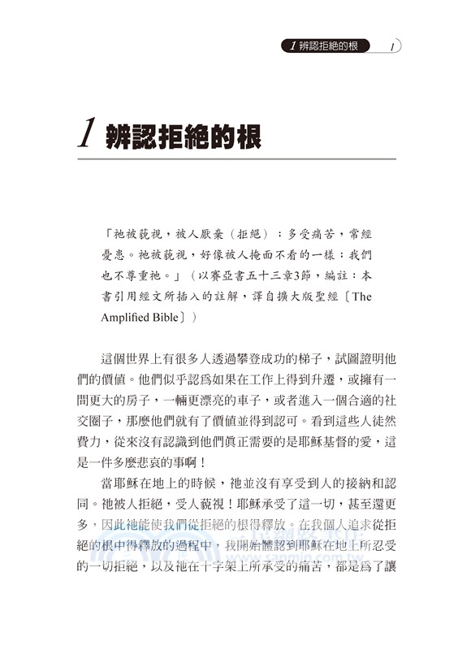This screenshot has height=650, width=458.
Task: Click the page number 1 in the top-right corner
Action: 391,46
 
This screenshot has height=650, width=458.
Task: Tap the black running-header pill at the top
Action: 330,46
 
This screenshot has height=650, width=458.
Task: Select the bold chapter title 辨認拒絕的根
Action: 184,136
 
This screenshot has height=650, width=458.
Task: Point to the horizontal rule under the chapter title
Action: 235,159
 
